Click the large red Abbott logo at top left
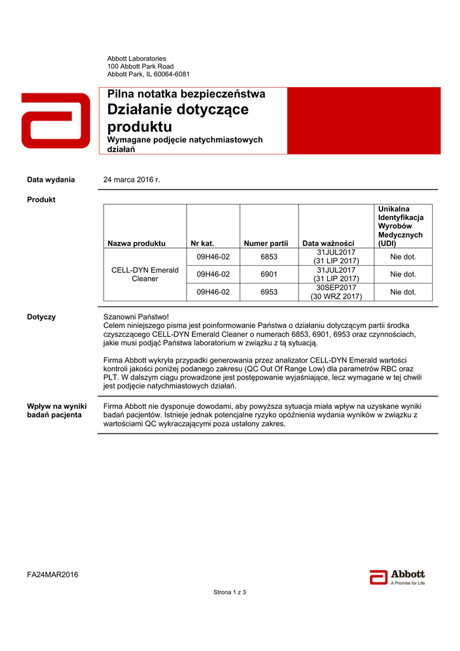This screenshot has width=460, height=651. point(55,121)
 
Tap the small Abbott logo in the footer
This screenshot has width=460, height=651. point(397,576)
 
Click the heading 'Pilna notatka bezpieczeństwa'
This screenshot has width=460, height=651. point(186,94)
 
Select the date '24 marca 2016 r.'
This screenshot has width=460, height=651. point(132,180)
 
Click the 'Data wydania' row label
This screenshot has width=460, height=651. point(51,180)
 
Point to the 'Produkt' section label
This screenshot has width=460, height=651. point(41,200)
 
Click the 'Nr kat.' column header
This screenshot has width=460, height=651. point(202,243)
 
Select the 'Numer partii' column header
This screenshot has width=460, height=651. point(266,243)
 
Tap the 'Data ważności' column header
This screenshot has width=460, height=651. point(328,243)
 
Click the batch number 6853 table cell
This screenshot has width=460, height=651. point(269,257)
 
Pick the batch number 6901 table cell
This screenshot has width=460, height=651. point(269,275)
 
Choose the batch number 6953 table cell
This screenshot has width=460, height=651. point(269,292)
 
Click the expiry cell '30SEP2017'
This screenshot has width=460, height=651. point(336,288)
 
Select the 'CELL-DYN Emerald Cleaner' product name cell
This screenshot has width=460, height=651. point(145,275)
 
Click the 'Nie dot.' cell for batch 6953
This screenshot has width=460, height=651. point(403,292)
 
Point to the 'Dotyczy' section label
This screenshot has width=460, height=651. point(41,317)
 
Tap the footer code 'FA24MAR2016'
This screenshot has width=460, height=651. point(53,575)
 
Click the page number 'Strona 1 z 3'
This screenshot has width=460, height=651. point(229,593)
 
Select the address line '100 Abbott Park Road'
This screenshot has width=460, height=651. point(140,66)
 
